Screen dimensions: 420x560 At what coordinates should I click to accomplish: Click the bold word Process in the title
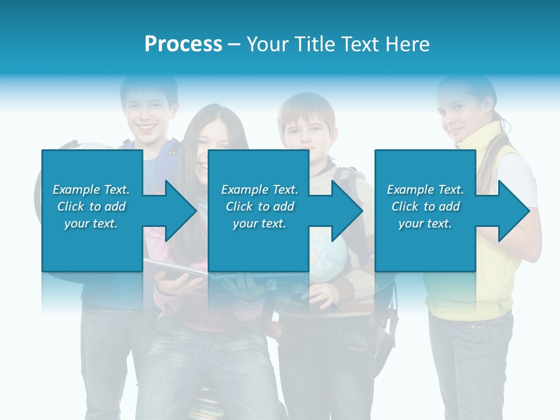(x=183, y=44)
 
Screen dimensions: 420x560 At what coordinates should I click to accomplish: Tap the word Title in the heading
(x=313, y=44)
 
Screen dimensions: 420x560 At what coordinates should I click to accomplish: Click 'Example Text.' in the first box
(x=91, y=190)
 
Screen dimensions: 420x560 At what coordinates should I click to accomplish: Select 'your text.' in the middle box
(x=259, y=223)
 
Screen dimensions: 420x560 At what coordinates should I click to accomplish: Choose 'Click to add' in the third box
(x=425, y=206)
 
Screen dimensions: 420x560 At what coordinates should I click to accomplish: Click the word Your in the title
(x=266, y=44)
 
